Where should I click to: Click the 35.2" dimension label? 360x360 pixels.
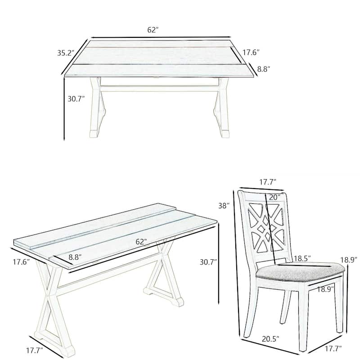tap(65, 53)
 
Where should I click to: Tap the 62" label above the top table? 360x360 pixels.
tap(153, 30)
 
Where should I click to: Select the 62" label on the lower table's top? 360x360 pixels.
tap(141, 242)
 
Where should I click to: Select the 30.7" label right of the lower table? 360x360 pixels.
tap(209, 261)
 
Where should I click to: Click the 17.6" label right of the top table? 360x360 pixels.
tap(252, 52)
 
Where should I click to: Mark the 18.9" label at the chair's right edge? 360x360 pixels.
tap(349, 260)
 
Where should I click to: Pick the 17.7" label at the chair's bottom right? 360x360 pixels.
tap(332, 348)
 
